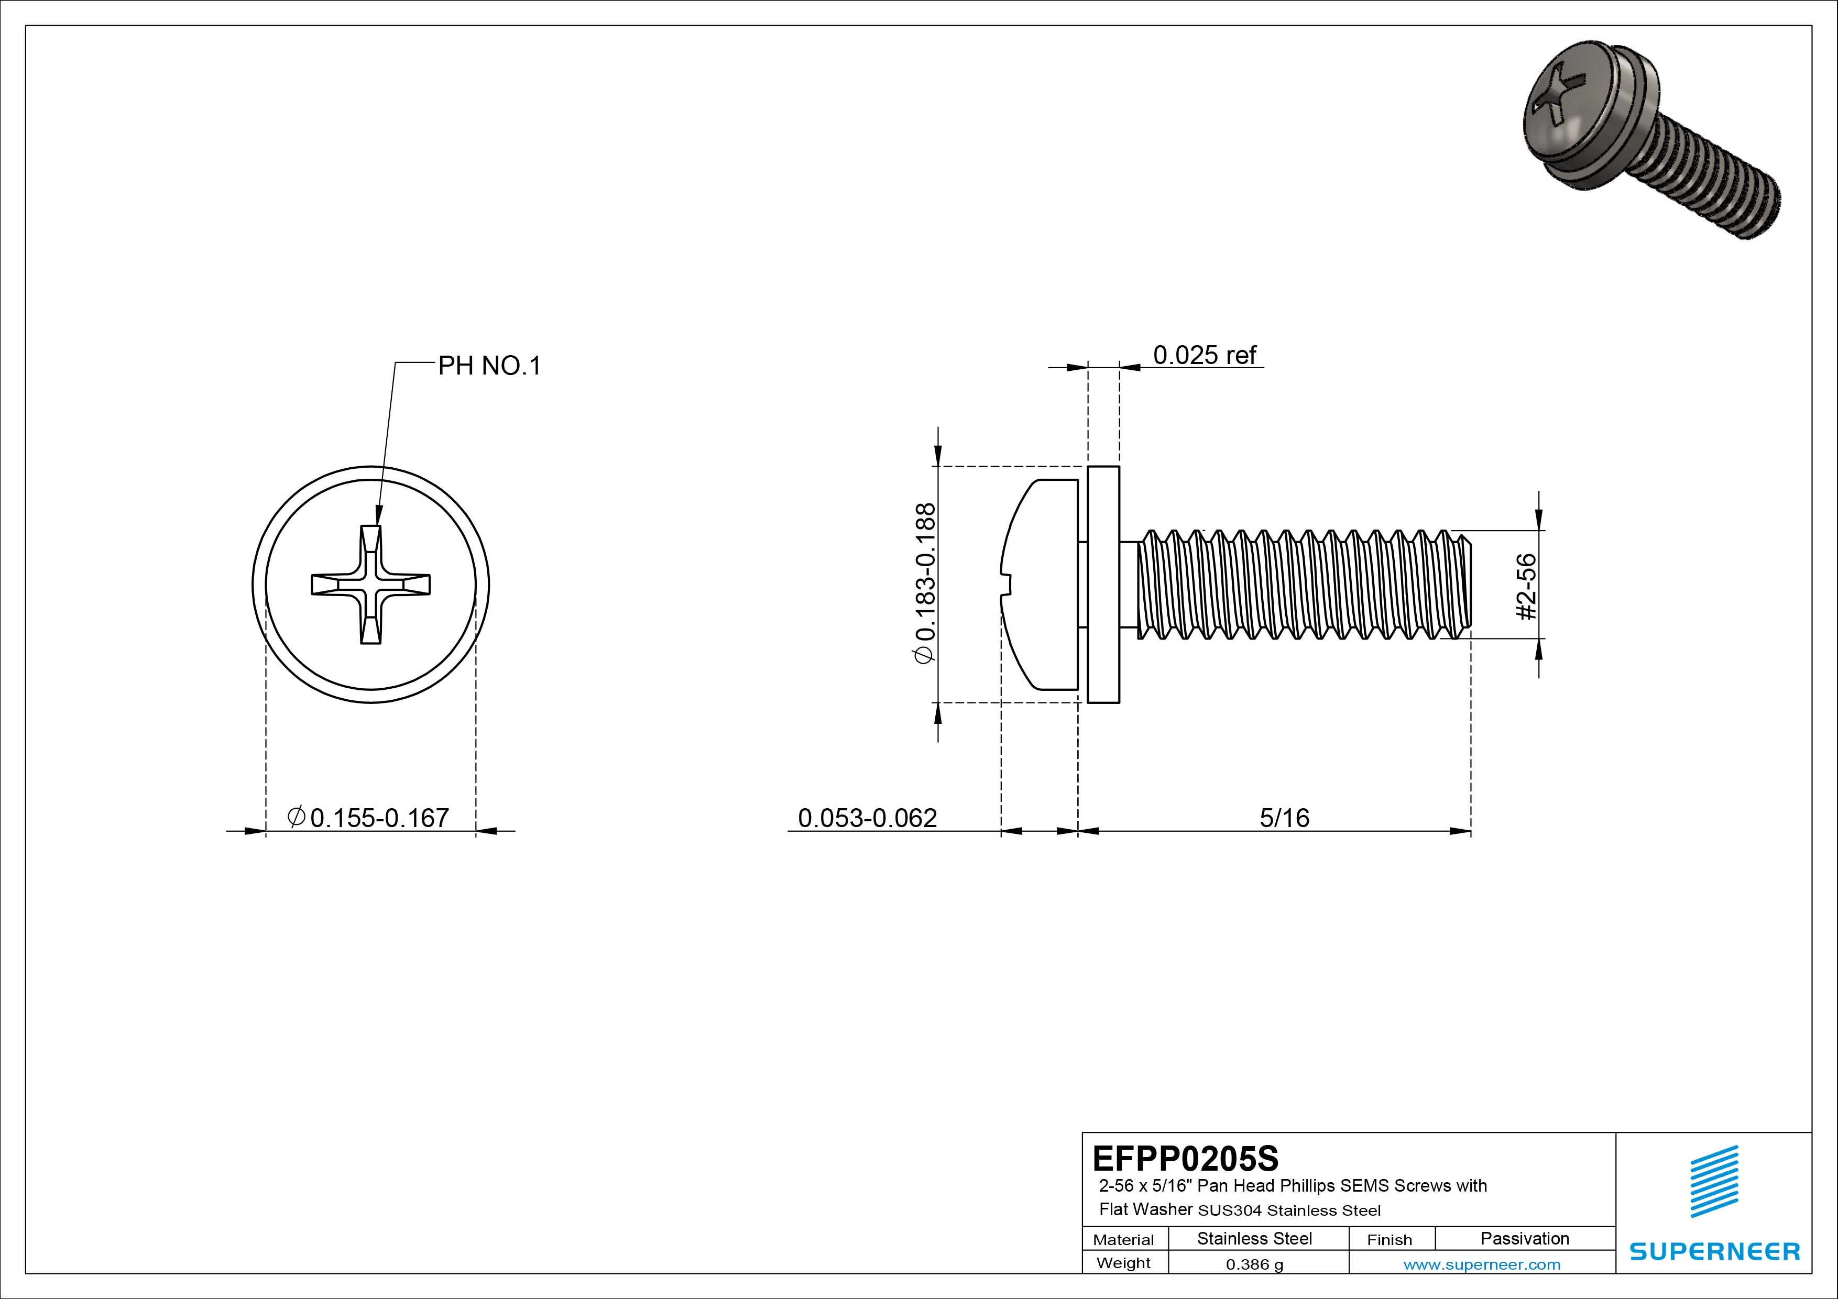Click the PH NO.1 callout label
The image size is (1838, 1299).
[x=489, y=366]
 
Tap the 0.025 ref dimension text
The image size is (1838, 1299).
[x=1204, y=355]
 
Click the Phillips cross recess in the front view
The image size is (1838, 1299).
[x=370, y=585]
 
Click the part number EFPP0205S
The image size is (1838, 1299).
[x=1185, y=1158]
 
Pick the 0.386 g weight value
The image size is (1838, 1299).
[x=1254, y=1264]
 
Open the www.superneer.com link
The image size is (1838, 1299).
[x=1482, y=1264]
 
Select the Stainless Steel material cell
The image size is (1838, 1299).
[x=1254, y=1238]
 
